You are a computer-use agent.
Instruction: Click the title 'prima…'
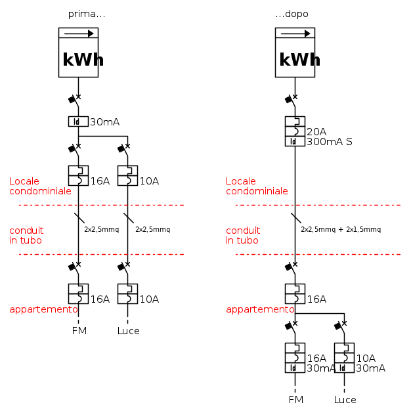(87, 14)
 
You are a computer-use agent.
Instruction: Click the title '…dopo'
(292, 14)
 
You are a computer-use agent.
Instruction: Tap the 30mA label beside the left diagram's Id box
(105, 122)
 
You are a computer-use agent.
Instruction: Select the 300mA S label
(330, 142)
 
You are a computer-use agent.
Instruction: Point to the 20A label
(316, 132)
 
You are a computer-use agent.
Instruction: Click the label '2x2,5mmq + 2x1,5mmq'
(341, 229)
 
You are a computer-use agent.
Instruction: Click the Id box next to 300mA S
(295, 141)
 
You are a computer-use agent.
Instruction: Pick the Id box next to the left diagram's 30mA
(78, 121)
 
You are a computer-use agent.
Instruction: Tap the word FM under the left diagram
(79, 331)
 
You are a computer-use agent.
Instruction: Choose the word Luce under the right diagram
(345, 400)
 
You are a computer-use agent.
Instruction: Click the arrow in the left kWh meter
(79, 33)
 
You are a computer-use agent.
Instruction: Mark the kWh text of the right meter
(299, 60)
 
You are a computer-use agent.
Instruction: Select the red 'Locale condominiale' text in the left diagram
(40, 186)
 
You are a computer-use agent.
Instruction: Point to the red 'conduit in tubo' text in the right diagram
(243, 235)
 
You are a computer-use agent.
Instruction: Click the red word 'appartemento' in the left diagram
(44, 309)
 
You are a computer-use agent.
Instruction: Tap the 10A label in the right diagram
(366, 359)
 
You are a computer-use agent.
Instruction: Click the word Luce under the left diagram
(129, 331)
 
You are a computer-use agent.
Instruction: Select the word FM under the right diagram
(296, 400)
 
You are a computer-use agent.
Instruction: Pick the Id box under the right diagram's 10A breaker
(344, 368)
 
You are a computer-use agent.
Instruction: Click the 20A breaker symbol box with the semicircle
(295, 131)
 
